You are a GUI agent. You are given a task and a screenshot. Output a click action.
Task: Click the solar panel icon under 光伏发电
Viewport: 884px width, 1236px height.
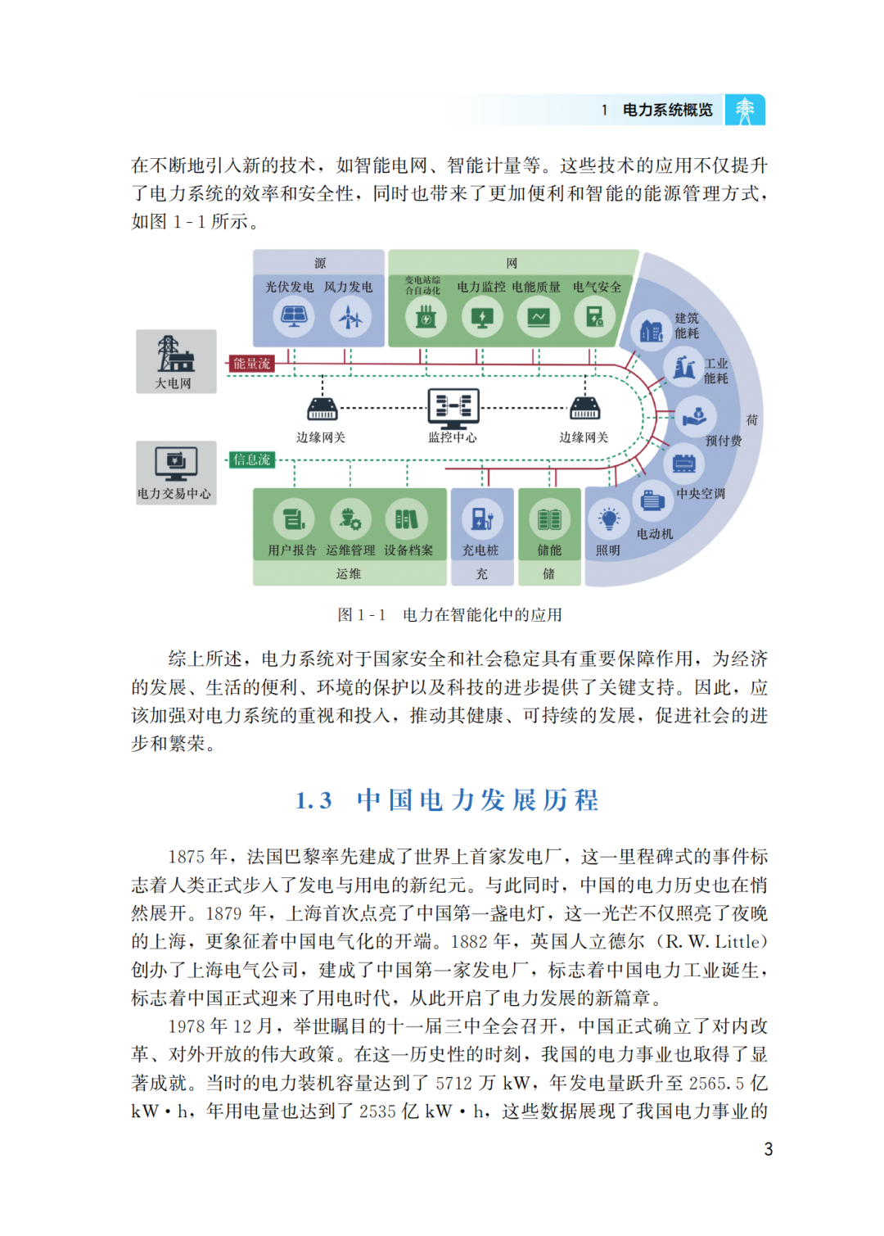(x=293, y=316)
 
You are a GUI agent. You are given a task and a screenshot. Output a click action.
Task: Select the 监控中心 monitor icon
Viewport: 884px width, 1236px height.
(x=453, y=407)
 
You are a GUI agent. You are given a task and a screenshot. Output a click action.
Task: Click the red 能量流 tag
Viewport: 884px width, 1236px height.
(x=251, y=364)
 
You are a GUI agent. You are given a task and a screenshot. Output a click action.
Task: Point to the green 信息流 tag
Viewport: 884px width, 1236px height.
(x=251, y=460)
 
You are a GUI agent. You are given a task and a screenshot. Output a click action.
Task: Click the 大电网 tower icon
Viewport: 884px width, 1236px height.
(x=174, y=355)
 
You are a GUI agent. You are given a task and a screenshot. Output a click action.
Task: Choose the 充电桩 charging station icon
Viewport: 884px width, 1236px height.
(x=482, y=519)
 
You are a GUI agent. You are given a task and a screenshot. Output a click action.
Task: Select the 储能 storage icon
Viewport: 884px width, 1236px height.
(x=549, y=519)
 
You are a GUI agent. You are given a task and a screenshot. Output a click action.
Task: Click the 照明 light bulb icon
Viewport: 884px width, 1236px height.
(x=608, y=519)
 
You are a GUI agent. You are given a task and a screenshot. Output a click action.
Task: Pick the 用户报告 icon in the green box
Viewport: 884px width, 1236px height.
(x=293, y=519)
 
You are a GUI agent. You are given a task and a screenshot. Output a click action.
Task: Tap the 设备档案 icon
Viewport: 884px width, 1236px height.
(x=407, y=519)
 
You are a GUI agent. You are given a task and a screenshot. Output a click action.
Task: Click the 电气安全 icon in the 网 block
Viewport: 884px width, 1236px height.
(x=594, y=316)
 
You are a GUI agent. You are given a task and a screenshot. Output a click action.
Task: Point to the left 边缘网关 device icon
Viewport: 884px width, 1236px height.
(x=322, y=408)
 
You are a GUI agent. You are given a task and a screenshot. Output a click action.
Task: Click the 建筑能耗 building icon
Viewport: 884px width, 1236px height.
(x=652, y=331)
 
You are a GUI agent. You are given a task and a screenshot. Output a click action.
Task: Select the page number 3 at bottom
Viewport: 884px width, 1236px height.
(x=769, y=1149)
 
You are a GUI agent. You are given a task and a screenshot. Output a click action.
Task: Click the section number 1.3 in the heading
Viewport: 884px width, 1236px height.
(x=313, y=800)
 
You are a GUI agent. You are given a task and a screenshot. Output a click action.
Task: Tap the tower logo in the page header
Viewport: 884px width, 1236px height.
(x=745, y=110)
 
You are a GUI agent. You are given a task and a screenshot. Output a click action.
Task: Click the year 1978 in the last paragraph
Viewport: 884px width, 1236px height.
(x=187, y=1027)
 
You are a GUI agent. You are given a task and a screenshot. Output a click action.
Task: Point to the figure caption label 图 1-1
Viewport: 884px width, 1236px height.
(x=361, y=615)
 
